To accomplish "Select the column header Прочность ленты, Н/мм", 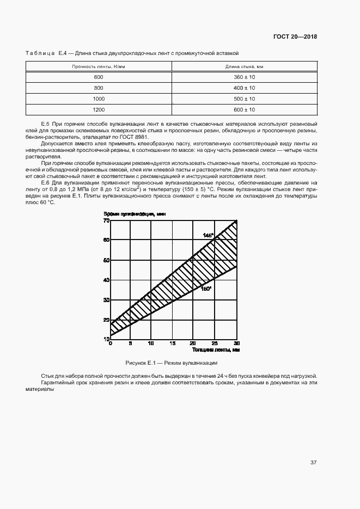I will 99,66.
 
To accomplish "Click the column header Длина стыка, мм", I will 245,66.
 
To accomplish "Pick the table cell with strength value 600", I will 99,77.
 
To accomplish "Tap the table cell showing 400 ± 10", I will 245,88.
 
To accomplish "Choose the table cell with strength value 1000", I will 99,99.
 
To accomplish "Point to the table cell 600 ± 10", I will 245,109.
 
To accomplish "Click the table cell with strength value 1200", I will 99,109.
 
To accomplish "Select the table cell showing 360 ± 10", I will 245,77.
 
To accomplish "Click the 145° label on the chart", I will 208,235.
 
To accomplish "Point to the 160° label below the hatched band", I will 206,289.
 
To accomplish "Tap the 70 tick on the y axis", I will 107,220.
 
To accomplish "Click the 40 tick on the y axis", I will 107,280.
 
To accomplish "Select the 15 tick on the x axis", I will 172,344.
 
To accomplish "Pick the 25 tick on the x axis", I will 215,344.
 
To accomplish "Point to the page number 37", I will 313,463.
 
